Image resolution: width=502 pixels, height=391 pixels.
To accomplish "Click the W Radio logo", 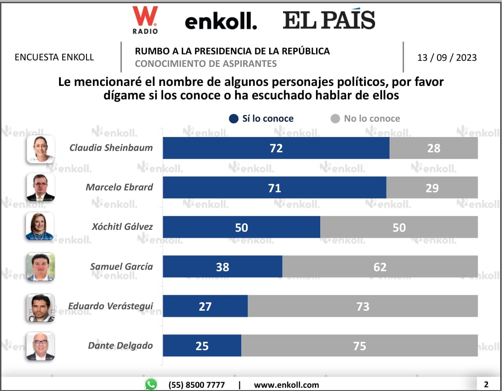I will pyautogui.click(x=145, y=20).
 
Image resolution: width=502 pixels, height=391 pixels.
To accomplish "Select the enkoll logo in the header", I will pyautogui.click(x=221, y=21).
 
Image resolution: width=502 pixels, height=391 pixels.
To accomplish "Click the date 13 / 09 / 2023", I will pyautogui.click(x=447, y=58).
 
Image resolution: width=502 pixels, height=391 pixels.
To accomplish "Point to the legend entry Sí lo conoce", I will pyautogui.click(x=262, y=118).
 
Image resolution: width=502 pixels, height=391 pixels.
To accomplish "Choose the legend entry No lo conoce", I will pyautogui.click(x=365, y=118).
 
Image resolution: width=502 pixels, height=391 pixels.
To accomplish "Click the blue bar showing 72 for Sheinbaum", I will pyautogui.click(x=276, y=148).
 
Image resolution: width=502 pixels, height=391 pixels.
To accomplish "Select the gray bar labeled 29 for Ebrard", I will pyautogui.click(x=432, y=188).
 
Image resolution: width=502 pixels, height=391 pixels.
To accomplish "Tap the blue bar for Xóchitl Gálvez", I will pyautogui.click(x=241, y=227).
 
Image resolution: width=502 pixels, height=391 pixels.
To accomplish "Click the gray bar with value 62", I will pyautogui.click(x=380, y=267).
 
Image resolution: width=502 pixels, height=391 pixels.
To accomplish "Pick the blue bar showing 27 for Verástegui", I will pyautogui.click(x=205, y=306).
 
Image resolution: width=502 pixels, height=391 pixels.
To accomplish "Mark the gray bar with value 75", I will pyautogui.click(x=359, y=345).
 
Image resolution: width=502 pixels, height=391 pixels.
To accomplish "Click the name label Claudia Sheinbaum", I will pyautogui.click(x=111, y=148).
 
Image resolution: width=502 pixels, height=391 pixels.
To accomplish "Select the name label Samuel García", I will pyautogui.click(x=121, y=267).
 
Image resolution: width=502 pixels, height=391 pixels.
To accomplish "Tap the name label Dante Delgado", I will pyautogui.click(x=120, y=345).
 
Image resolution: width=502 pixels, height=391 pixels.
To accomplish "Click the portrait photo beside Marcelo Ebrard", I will pyautogui.click(x=40, y=188).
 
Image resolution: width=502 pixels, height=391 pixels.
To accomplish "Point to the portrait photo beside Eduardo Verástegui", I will pyautogui.click(x=40, y=307).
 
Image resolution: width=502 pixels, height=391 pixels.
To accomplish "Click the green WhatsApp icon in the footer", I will pyautogui.click(x=151, y=384).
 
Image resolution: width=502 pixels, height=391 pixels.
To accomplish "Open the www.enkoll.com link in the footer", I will pyautogui.click(x=286, y=384).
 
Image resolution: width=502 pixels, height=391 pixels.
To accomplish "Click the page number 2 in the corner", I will pyautogui.click(x=486, y=384).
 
